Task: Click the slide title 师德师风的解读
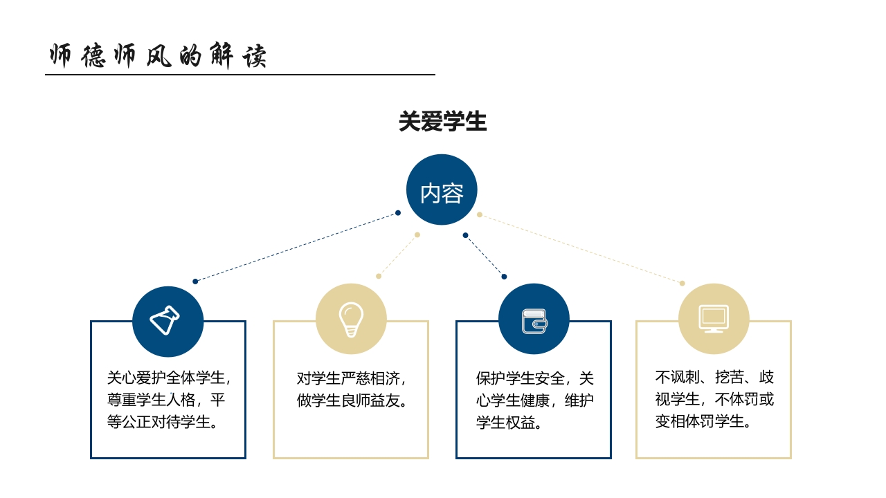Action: [158, 56]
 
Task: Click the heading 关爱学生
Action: [442, 122]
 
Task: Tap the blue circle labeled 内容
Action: [442, 190]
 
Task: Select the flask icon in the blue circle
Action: [165, 320]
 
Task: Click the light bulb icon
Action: [351, 320]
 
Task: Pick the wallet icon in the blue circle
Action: [534, 321]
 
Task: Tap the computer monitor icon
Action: [714, 319]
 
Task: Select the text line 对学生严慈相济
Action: [350, 378]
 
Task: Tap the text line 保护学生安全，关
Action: [534, 378]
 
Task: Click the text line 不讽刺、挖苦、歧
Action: [714, 377]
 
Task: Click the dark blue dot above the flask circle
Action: [195, 282]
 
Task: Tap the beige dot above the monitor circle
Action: [682, 283]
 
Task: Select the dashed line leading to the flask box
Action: [296, 247]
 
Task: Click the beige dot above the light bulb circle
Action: [379, 276]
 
